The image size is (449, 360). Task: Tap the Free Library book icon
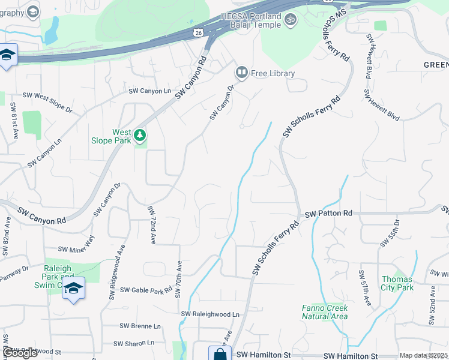[x=242, y=73]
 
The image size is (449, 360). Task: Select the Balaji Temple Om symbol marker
[x=290, y=19]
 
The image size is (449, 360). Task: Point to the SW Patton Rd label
[x=328, y=214]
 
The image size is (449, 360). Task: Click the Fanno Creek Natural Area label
[x=324, y=312]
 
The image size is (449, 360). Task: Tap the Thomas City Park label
[x=397, y=283]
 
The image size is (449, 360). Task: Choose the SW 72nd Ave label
[x=152, y=224]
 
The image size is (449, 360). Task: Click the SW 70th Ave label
[x=178, y=279]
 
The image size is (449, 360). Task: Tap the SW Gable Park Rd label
[x=146, y=290]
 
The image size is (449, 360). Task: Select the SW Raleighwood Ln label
[x=210, y=314]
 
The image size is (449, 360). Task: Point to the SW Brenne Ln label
[x=140, y=326]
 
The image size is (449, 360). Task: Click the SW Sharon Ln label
[x=134, y=343]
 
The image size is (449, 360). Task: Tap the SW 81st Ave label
[x=13, y=121]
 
